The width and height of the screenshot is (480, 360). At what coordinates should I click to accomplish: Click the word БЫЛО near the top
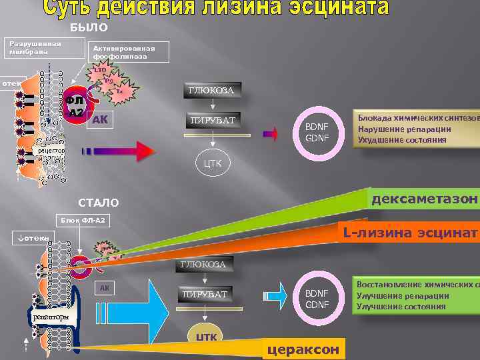[89, 27]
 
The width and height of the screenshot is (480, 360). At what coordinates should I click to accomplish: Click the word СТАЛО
[99, 203]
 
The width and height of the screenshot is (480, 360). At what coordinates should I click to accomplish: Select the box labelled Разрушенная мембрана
[36, 48]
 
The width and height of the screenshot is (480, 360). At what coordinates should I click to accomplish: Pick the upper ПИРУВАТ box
[213, 121]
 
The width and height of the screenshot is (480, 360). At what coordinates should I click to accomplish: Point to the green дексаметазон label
[423, 199]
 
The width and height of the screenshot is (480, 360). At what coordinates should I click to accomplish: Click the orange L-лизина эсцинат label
[409, 233]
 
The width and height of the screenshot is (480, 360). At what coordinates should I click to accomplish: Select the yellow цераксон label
[303, 350]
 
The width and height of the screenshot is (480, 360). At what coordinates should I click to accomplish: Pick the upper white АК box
[100, 119]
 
